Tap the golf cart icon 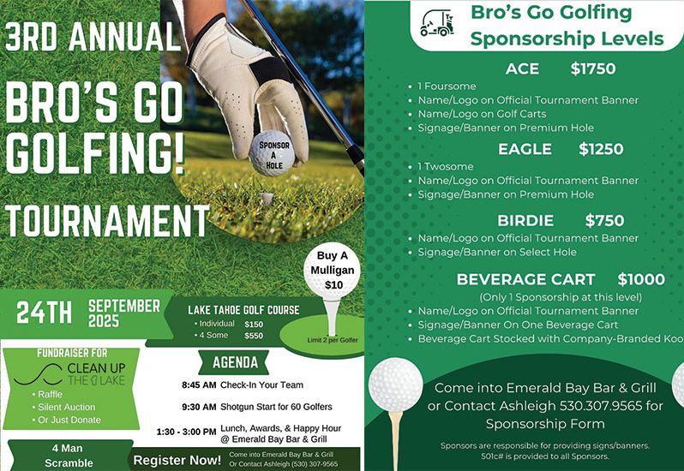tap(436, 23)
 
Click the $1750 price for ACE tap(593, 69)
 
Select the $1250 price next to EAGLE tap(601, 149)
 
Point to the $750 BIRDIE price tap(604, 220)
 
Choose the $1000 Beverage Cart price tap(640, 279)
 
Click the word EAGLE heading tap(525, 149)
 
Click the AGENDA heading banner tap(229, 361)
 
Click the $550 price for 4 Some tap(254, 337)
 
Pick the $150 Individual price tap(254, 325)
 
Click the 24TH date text tap(44, 313)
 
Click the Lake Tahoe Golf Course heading tap(243, 309)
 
